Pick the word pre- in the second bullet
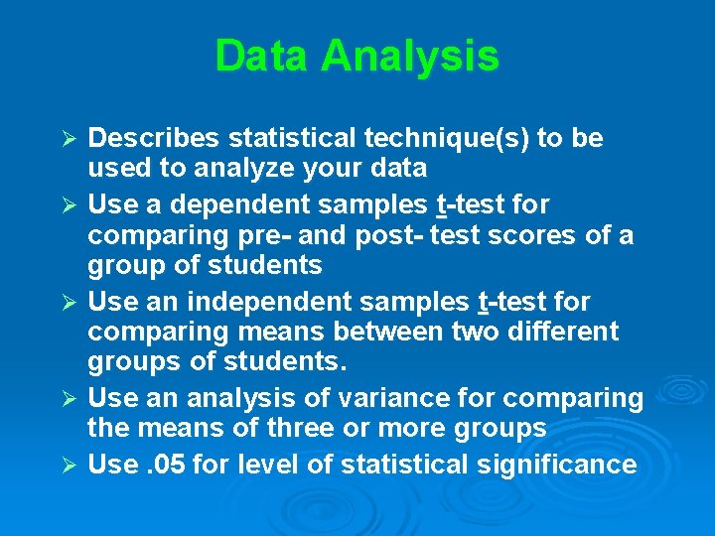click(264, 236)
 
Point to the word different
click(564, 331)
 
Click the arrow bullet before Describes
click(69, 139)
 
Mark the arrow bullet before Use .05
click(69, 465)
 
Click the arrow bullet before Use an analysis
click(69, 399)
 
